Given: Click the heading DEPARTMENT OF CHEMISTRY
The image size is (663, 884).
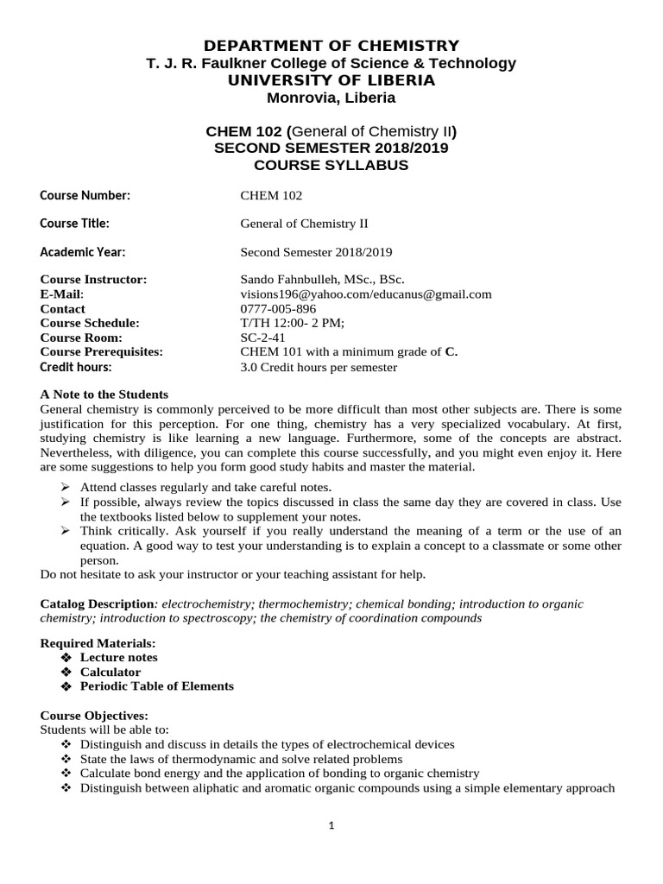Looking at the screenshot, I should point(331,46).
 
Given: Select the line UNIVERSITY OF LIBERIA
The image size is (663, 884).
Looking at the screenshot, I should point(331,80).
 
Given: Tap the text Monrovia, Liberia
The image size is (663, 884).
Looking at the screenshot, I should point(331,98).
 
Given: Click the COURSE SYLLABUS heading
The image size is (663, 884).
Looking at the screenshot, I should point(331,165).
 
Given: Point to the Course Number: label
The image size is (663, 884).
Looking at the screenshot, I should point(85,195).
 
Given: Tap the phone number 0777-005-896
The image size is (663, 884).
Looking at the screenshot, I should point(278,309).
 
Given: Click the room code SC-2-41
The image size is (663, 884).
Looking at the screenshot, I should point(262,338).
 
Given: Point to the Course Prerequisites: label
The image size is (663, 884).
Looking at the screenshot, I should point(101,352).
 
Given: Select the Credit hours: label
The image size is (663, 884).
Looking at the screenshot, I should point(76,367).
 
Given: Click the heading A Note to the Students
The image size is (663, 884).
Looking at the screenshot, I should point(104,395).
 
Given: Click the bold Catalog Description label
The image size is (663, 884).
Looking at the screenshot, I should point(98,604).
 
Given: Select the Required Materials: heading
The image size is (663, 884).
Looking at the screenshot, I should point(98,643).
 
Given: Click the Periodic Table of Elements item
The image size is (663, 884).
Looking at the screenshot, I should point(156,686).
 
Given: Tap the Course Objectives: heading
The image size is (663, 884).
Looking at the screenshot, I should point(95,716).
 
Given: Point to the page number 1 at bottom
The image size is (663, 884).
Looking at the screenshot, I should point(331,825).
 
